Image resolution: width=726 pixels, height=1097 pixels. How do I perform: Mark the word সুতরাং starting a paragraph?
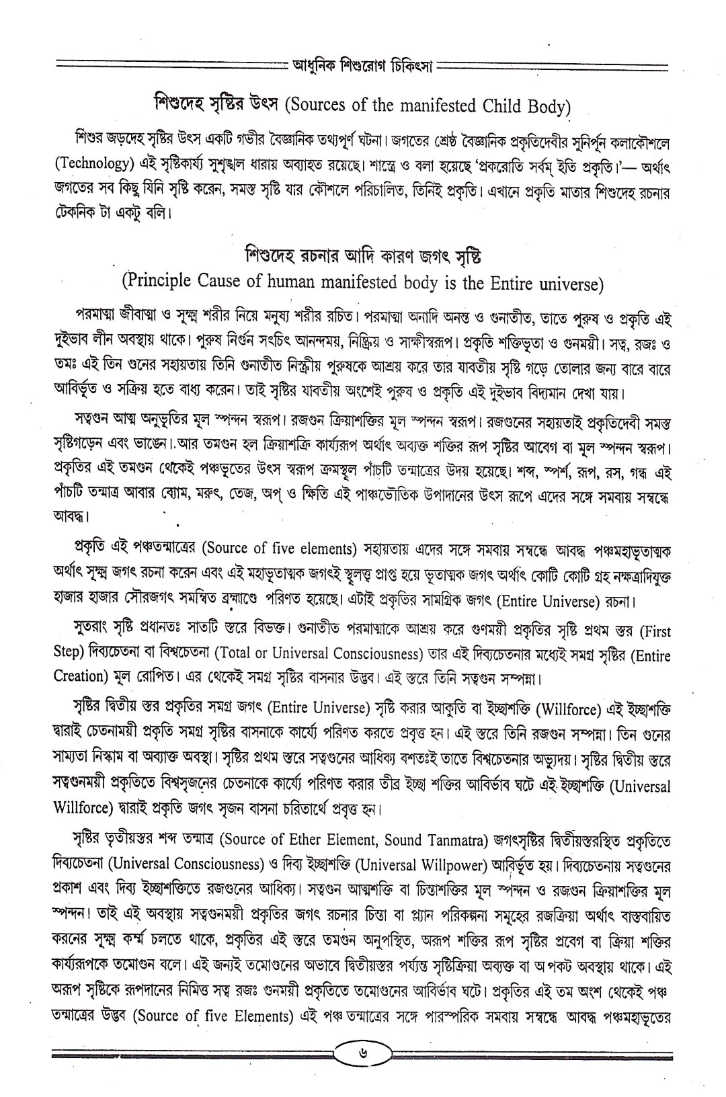click(97, 631)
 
